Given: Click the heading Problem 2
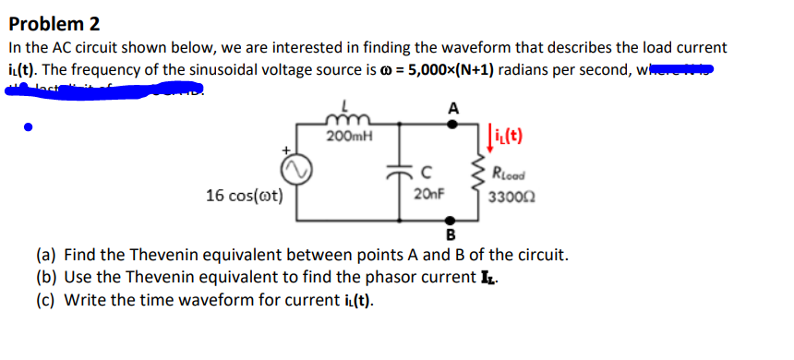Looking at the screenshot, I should click(x=55, y=23).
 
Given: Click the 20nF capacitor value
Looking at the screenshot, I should click(x=428, y=195).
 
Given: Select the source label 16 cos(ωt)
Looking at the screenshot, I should click(x=245, y=195).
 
